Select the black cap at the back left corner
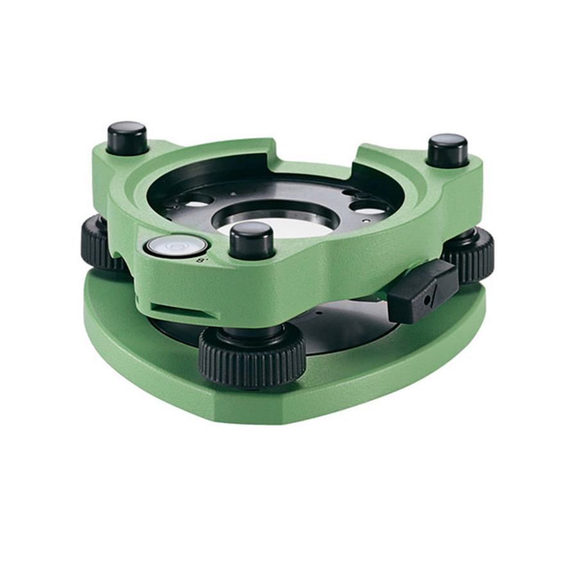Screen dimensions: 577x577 128,138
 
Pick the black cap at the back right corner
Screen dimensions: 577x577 448,151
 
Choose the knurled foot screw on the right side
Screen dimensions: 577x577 470,255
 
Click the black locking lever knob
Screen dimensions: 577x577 423,292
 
